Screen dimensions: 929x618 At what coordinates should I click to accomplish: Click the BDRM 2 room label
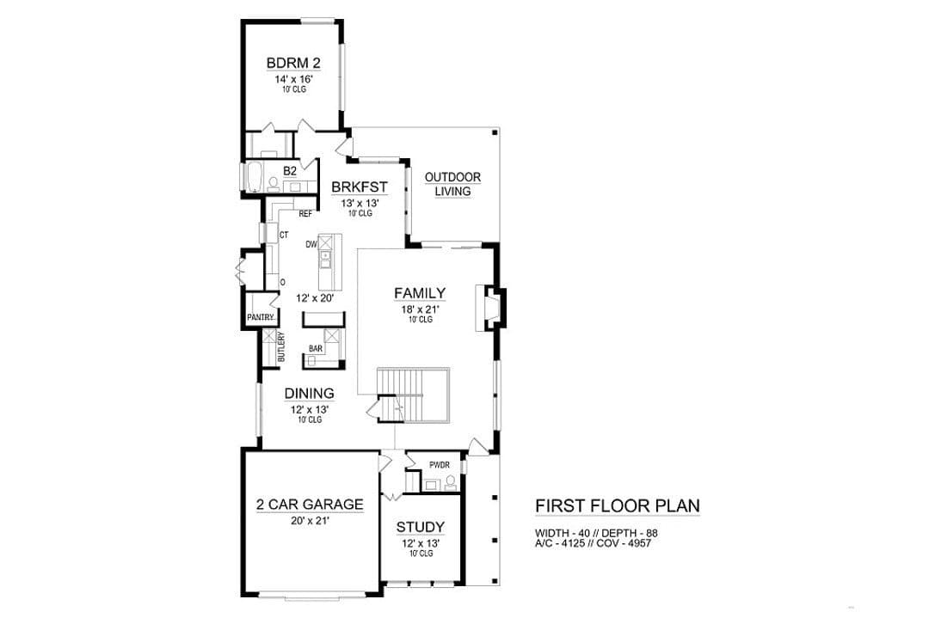click(x=293, y=63)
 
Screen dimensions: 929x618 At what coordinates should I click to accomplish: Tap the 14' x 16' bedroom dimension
click(x=293, y=79)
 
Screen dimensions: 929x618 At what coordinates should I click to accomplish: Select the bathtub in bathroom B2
click(x=252, y=177)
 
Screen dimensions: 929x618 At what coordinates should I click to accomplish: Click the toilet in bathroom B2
click(x=274, y=185)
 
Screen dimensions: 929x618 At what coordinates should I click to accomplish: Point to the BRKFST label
click(x=360, y=187)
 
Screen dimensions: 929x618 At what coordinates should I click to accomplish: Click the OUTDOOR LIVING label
click(x=452, y=184)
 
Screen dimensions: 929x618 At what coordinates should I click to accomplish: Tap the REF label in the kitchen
click(x=305, y=214)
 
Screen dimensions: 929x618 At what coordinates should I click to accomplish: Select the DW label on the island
click(x=311, y=244)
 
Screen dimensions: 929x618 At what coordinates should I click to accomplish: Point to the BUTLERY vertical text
click(x=281, y=347)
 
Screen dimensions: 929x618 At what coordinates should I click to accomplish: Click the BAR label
click(x=316, y=349)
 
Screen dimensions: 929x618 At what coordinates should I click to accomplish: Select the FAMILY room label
click(x=420, y=293)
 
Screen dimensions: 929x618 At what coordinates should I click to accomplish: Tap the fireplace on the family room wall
click(x=491, y=308)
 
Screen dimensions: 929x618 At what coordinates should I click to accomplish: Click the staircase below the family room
click(x=414, y=395)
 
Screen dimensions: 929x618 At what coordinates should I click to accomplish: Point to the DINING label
click(x=310, y=394)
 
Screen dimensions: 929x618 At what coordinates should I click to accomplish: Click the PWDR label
click(x=440, y=465)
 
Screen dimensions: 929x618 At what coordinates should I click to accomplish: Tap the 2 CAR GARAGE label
click(x=310, y=505)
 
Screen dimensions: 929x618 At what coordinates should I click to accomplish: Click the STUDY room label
click(x=421, y=527)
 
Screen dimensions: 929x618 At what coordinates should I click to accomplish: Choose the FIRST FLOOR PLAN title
click(x=618, y=506)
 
